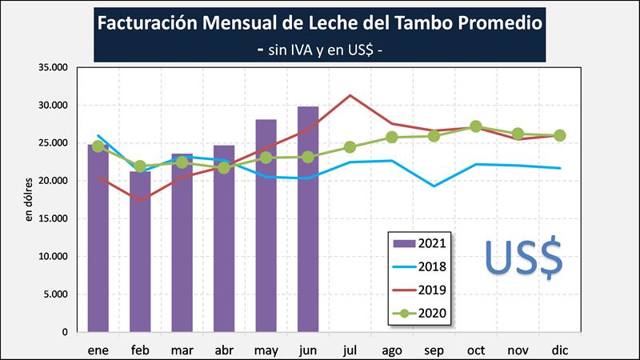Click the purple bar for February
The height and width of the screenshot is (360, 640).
click(140, 251)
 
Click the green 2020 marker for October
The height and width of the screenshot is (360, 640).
click(476, 126)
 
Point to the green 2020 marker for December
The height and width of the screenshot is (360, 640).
click(560, 135)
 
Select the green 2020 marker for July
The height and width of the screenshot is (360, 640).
click(350, 147)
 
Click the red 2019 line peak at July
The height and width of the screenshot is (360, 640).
click(350, 95)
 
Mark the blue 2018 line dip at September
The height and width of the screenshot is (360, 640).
click(434, 186)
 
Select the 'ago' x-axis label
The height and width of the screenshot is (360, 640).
click(392, 350)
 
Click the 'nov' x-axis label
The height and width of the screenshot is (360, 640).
click(518, 350)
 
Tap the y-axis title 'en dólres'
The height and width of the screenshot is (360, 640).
click(30, 199)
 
